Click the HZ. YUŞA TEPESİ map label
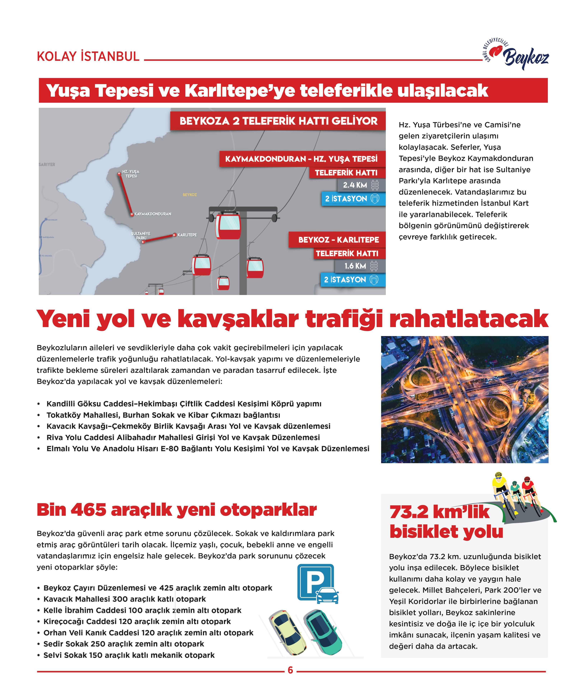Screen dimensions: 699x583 coord(131,174)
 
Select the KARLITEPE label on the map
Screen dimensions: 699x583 coord(187,235)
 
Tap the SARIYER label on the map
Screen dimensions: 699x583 coord(47,164)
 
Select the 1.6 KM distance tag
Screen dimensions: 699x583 coord(355,266)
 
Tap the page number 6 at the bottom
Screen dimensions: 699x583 coord(290,670)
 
